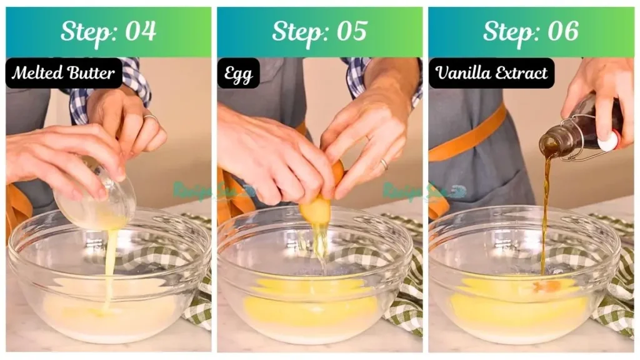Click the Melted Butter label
[64, 73]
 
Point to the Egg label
[238, 74]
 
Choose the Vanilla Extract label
[491, 73]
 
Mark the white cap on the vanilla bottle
[608, 141]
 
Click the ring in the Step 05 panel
[383, 164]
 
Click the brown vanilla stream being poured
[545, 212]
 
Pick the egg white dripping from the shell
[320, 244]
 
